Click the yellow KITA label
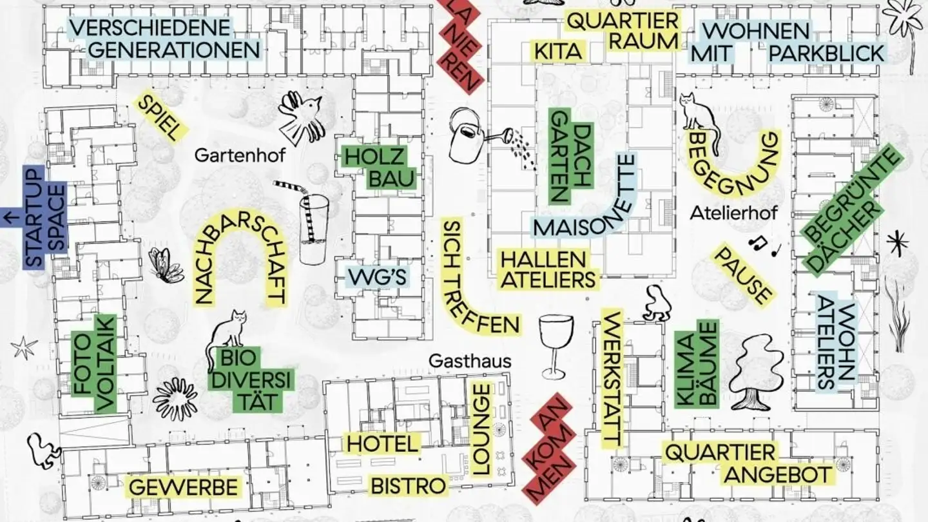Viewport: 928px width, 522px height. click(558, 52)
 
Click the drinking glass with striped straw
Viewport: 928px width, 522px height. click(313, 226)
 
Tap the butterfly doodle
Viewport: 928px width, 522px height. click(165, 264)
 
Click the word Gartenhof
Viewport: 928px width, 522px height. click(239, 155)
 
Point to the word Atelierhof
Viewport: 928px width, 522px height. click(733, 212)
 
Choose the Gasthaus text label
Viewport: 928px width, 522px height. click(470, 361)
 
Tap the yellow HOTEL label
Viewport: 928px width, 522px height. click(382, 443)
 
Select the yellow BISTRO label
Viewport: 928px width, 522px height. click(408, 485)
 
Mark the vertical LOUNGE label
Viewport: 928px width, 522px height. click(482, 430)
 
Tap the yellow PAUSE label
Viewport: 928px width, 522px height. click(742, 274)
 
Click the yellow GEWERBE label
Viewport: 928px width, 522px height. click(184, 487)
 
